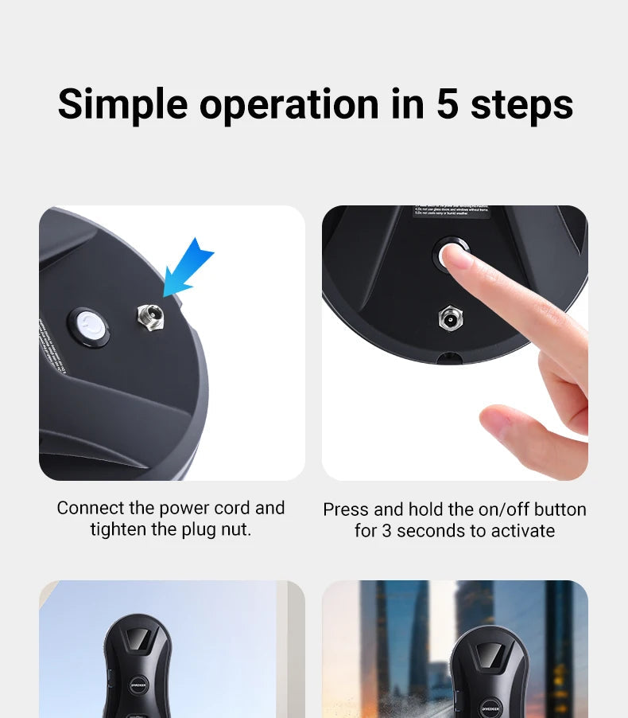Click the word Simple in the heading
(123, 104)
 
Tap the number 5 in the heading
(448, 104)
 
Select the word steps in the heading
(521, 104)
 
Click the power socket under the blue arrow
(149, 314)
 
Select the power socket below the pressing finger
(451, 318)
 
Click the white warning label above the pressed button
(451, 213)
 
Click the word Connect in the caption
(90, 508)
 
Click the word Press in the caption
(346, 509)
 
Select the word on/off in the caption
(500, 509)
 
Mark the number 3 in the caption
(386, 531)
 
